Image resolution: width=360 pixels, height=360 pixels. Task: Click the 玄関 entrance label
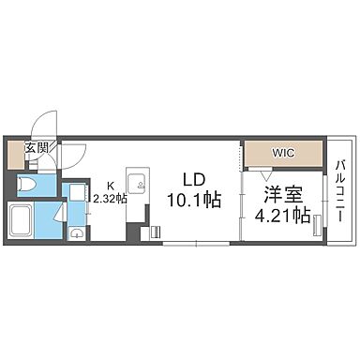coord(37,147)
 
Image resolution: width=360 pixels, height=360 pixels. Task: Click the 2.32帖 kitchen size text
coord(111,198)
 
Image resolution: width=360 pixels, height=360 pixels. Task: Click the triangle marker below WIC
coord(266,174)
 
